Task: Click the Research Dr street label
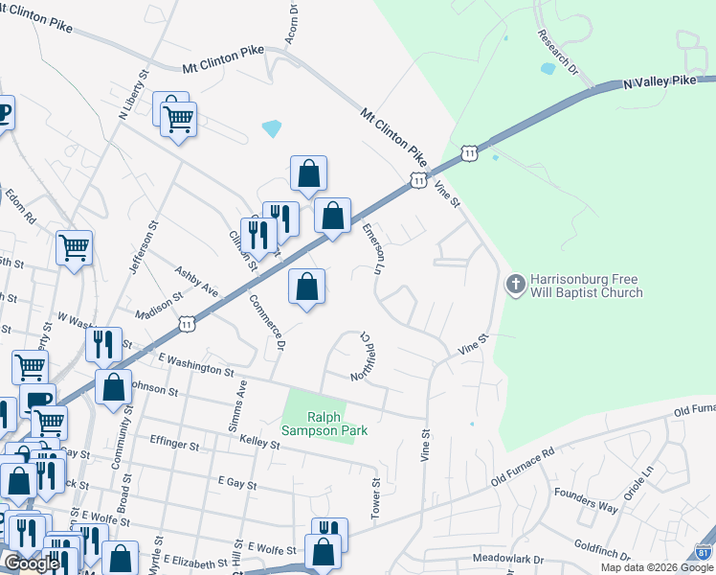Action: pyautogui.click(x=559, y=54)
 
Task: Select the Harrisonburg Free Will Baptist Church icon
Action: pyautogui.click(x=514, y=284)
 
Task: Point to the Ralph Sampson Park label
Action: pyautogui.click(x=324, y=424)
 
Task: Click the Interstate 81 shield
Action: pyautogui.click(x=703, y=553)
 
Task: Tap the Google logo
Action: pyautogui.click(x=32, y=563)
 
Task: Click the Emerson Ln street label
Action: pyautogui.click(x=372, y=249)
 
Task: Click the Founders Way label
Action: pyautogui.click(x=586, y=498)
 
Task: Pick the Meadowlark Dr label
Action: pyautogui.click(x=507, y=558)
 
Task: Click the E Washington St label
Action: pyautogui.click(x=195, y=364)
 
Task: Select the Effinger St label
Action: pyautogui.click(x=174, y=445)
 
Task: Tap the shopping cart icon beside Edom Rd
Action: pyautogui.click(x=74, y=247)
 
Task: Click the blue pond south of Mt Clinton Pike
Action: pyautogui.click(x=272, y=127)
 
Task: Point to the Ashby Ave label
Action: pyautogui.click(x=195, y=281)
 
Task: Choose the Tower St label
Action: pyautogui.click(x=376, y=494)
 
